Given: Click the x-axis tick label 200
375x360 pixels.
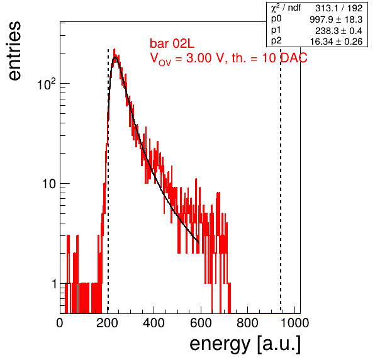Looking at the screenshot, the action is (x=107, y=323).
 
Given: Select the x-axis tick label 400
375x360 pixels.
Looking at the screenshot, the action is (x=154, y=323).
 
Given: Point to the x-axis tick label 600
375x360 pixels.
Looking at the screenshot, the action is (x=201, y=323).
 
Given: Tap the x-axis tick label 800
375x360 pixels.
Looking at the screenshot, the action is (x=247, y=323).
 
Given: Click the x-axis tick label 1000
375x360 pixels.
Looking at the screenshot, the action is (x=294, y=323).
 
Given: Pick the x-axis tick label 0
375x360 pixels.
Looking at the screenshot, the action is (x=60, y=323).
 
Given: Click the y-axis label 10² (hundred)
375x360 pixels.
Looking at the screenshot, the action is (x=47, y=84).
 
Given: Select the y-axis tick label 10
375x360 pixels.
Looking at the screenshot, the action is (x=49, y=184).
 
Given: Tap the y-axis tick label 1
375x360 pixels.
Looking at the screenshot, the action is (x=54, y=284).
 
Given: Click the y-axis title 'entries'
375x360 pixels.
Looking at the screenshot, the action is (x=15, y=51).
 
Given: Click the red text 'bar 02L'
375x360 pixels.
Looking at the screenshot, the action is (x=172, y=43).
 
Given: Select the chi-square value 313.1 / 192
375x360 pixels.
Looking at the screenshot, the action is (x=339, y=8).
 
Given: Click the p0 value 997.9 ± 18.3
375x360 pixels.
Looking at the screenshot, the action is (x=336, y=20).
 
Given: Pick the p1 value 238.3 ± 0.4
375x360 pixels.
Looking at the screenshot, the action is (x=339, y=31).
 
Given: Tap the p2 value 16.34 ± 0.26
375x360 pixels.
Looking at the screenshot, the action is (x=336, y=42).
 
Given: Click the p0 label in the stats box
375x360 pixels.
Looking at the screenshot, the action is (x=276, y=19).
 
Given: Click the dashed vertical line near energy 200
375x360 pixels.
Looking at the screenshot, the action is (x=108, y=181).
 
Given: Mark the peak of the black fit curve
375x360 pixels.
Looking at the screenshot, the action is (x=115, y=57).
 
